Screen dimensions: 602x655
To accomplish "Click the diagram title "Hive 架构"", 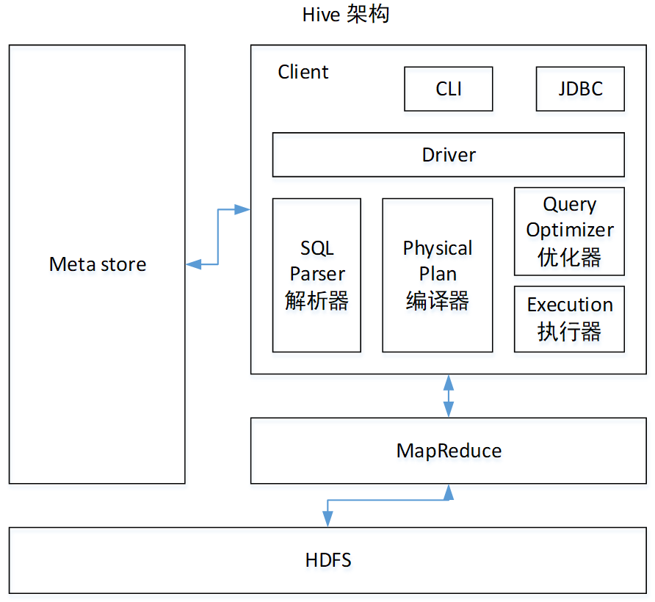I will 345,15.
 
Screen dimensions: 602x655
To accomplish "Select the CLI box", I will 448,89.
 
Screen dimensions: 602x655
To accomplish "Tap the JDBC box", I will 580,89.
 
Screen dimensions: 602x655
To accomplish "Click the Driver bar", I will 448,155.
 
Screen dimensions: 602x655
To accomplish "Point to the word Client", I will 303,72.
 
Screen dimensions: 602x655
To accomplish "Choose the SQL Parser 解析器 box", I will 316,275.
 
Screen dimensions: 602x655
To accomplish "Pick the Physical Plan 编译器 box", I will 437,275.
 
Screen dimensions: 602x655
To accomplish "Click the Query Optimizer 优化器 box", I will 569,231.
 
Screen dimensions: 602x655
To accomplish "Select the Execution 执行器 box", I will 569,319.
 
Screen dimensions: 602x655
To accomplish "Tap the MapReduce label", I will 449,450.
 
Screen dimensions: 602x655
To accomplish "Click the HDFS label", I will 328,560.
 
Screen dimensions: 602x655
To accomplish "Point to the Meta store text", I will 98,264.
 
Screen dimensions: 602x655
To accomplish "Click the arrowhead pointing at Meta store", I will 193,264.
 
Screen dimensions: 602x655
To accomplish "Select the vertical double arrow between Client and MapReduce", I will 448,396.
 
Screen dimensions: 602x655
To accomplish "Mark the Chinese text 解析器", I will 316,300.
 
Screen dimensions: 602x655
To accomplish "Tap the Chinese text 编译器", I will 437,300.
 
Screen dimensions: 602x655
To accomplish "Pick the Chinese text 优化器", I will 569,257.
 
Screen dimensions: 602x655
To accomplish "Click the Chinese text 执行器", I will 569,332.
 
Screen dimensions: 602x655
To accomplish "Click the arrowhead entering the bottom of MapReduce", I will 448,490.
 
